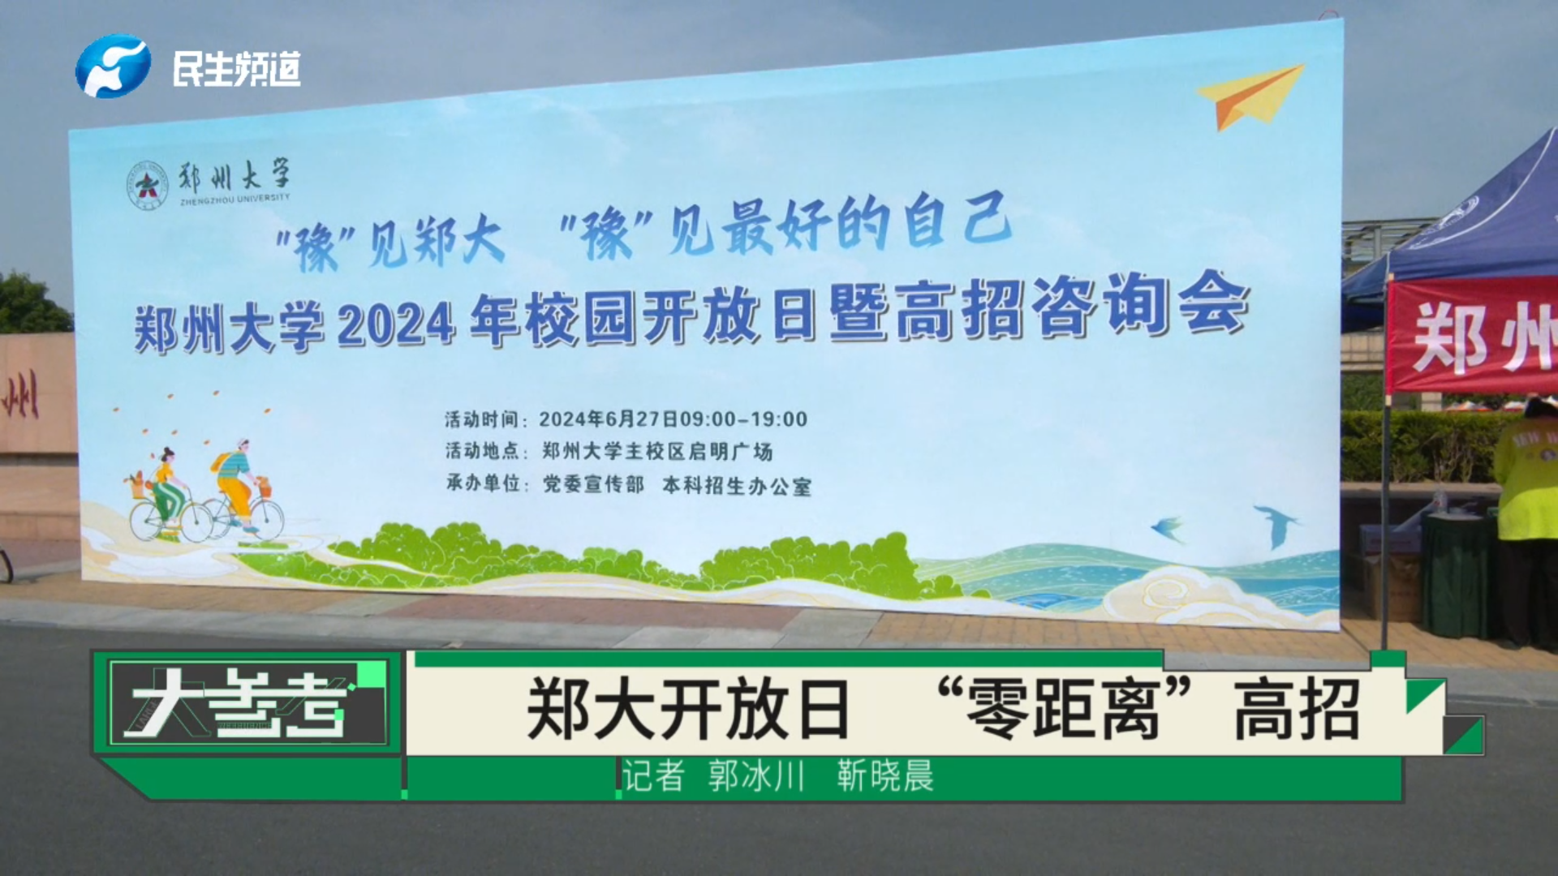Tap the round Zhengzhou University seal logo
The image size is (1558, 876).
147,185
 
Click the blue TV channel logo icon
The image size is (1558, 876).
113,66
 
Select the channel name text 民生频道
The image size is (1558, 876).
236,69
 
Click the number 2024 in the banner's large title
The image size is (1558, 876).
395,326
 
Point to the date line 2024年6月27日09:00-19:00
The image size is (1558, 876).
673,419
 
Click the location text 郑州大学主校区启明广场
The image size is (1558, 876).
657,451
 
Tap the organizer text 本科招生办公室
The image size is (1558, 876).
737,485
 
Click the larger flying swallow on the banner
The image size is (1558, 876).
1276,525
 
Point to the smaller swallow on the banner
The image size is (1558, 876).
1168,528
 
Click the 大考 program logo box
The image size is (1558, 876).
248,702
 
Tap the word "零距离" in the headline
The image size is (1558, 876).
1064,709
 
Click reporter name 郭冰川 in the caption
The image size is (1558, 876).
755,776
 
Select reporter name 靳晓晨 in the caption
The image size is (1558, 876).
885,776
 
